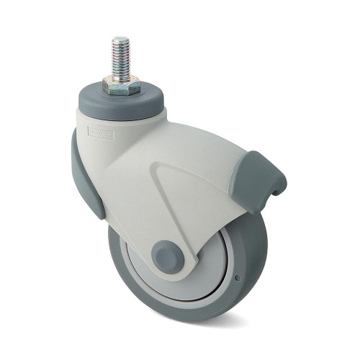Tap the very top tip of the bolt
click(120, 38)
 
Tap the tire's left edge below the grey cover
click(113, 252)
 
